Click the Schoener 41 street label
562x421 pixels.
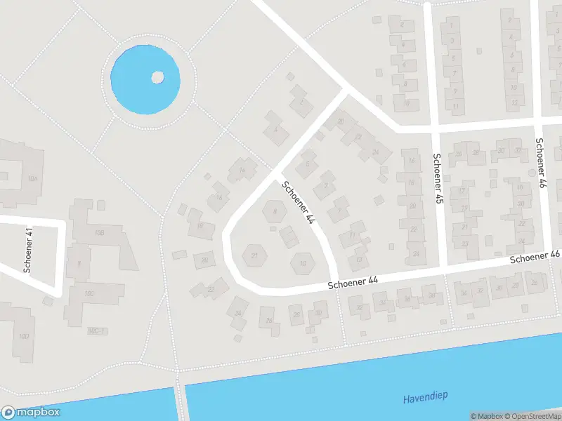coord(29,249)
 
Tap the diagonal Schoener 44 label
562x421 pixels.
coord(297,203)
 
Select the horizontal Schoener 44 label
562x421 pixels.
coord(353,282)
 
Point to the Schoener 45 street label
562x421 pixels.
coord(438,179)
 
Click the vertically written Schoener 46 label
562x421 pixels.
coord(540,163)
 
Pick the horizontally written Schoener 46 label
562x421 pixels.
coord(535,258)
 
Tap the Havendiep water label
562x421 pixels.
coord(425,398)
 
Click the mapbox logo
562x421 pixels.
coord(31,413)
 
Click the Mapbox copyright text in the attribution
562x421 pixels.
coord(485,416)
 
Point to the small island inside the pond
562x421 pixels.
coord(157,76)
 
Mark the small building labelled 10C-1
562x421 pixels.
coord(96,331)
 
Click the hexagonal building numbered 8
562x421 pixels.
coord(274,210)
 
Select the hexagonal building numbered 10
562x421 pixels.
coord(303,264)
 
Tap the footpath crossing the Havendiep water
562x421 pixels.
coord(179,401)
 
